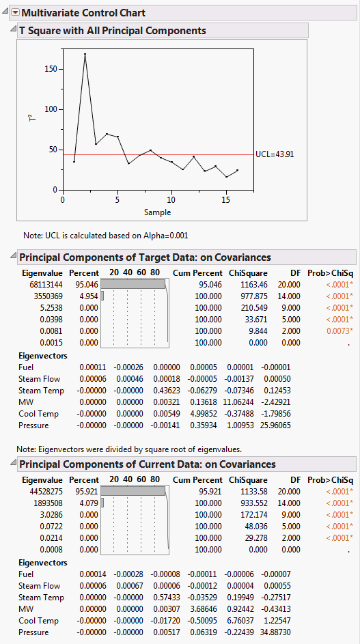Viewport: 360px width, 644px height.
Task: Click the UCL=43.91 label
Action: pyautogui.click(x=274, y=154)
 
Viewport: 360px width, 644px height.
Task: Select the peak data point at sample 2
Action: pyautogui.click(x=85, y=54)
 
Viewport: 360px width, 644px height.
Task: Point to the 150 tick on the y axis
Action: pyautogui.click(x=50, y=69)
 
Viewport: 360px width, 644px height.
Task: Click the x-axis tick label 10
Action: pyautogui.click(x=171, y=200)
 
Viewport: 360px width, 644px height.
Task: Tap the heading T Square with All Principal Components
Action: pyautogui.click(x=112, y=31)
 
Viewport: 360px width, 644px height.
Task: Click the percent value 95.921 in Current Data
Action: pyautogui.click(x=85, y=491)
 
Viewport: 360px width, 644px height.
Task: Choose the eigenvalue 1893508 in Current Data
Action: pyautogui.click(x=44, y=503)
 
